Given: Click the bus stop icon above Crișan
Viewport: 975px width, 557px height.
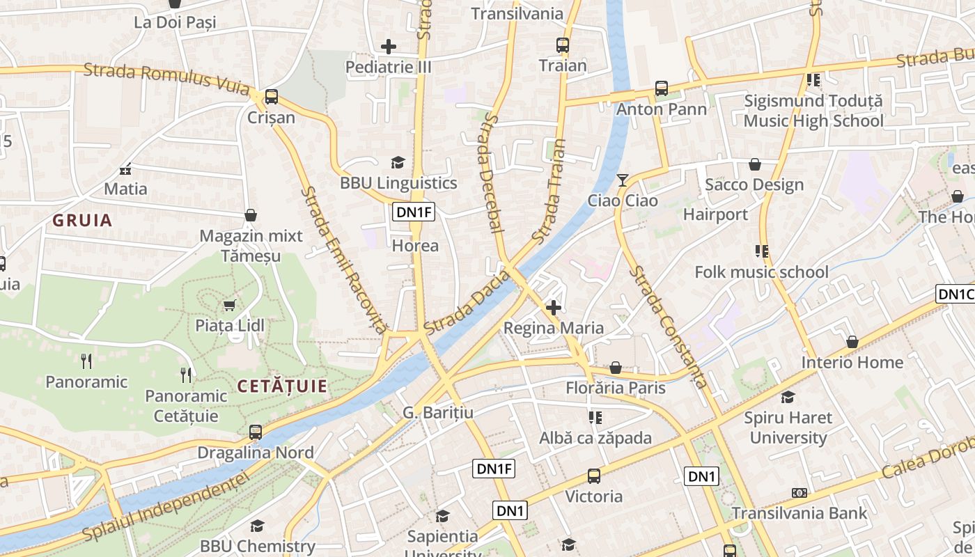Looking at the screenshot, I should (272, 97).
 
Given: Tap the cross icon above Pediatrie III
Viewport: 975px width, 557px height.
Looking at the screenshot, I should (389, 47).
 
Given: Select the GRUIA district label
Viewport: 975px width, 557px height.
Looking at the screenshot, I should (82, 221).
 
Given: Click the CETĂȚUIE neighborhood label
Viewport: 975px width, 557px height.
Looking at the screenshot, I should (282, 386).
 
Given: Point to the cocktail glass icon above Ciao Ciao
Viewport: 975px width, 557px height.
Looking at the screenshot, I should (622, 180).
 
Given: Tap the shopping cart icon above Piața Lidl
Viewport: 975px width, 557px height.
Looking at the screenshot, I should (229, 305).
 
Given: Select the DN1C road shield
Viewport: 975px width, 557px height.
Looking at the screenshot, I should (955, 294).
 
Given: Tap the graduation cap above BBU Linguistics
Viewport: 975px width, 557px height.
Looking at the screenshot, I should (398, 163).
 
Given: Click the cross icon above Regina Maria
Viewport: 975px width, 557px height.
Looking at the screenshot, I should (554, 307).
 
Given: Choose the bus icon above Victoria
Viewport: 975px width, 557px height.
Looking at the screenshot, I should (593, 476).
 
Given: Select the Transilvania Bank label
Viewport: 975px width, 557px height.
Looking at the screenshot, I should (799, 513).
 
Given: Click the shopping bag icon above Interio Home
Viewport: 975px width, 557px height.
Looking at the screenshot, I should (852, 342).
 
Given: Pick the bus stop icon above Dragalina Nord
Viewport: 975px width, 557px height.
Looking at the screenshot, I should (256, 432).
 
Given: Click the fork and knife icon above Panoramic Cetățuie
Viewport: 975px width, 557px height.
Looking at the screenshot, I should (186, 375).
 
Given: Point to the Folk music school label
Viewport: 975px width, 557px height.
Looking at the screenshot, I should (761, 272).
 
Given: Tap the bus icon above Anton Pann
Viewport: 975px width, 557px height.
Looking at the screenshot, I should (661, 88).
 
